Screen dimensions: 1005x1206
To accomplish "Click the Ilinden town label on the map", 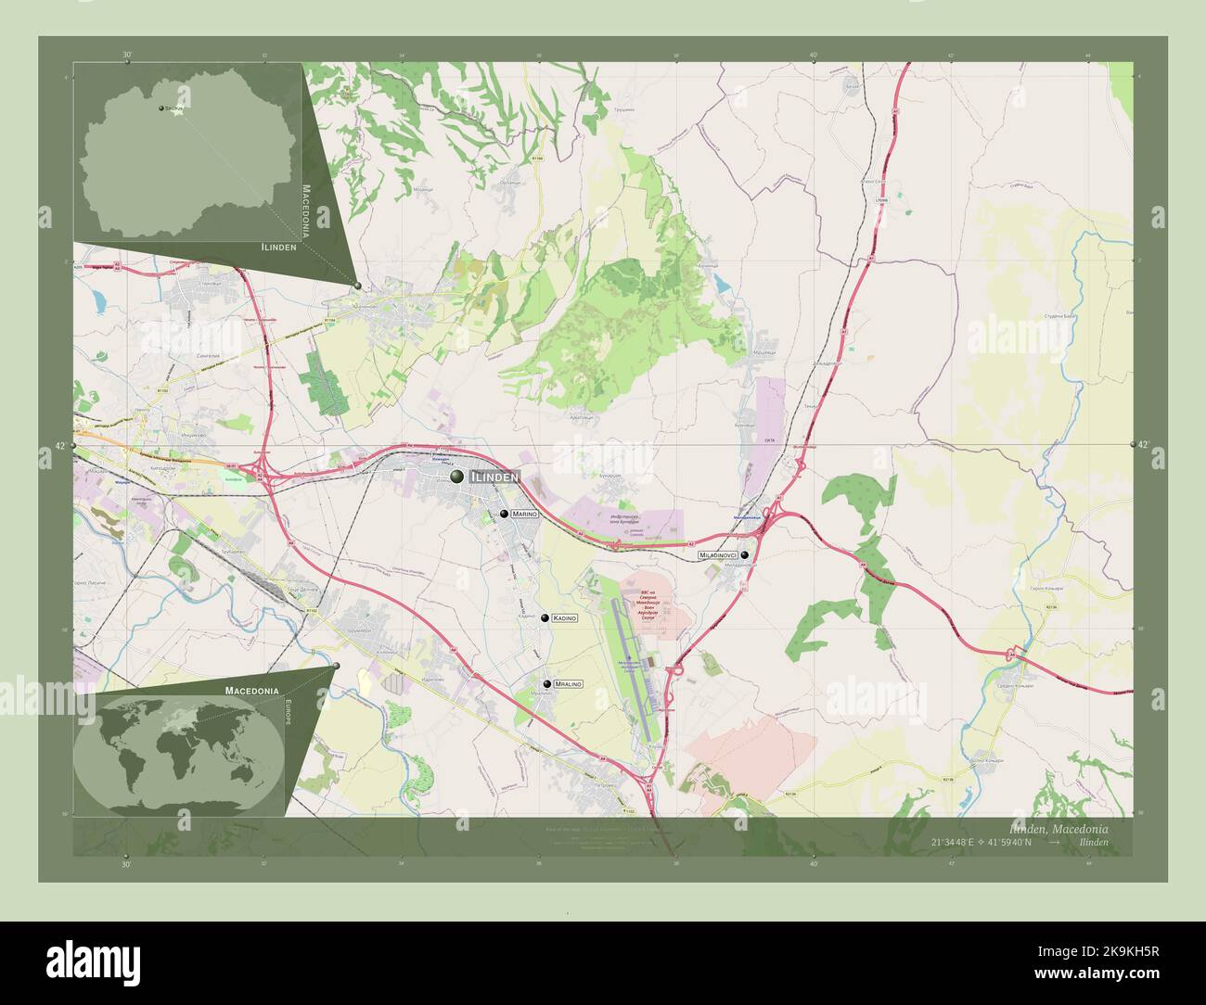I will [x=494, y=477].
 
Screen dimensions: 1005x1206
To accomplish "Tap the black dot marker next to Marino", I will [x=504, y=513].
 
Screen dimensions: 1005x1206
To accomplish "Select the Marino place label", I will [x=523, y=513].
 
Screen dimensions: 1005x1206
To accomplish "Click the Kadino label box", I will [x=564, y=617].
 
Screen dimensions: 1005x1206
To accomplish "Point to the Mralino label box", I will [x=568, y=684].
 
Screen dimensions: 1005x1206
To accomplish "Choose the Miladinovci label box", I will [x=719, y=554].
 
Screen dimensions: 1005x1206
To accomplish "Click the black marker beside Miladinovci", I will [x=744, y=554].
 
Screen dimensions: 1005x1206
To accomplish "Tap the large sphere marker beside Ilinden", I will [x=456, y=477].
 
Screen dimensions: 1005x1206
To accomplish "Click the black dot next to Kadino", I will [x=545, y=617].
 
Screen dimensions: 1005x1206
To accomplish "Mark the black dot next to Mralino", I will [x=547, y=684].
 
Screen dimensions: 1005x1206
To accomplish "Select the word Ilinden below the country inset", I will [x=278, y=248].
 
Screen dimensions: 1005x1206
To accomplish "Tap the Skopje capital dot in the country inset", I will [x=161, y=108].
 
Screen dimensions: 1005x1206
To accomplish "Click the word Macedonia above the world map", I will [x=251, y=692].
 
